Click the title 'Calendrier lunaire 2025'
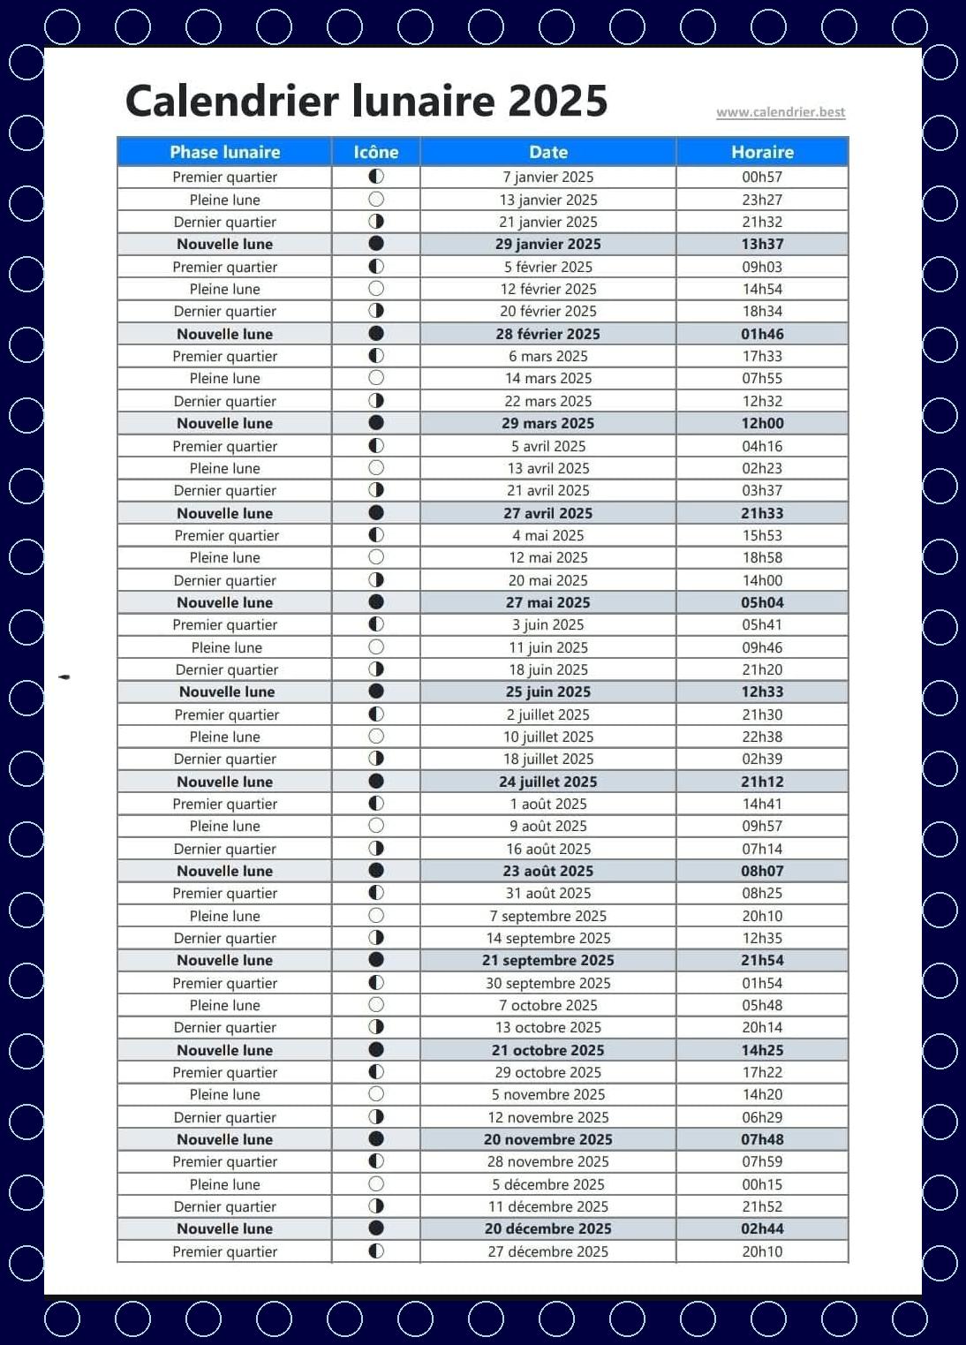(x=366, y=101)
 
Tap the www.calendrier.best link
(x=781, y=112)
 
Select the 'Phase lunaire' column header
(x=224, y=152)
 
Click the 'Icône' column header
(x=376, y=152)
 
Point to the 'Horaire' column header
(x=762, y=152)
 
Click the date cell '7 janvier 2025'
(x=548, y=177)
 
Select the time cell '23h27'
(x=762, y=200)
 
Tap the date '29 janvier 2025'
(x=548, y=244)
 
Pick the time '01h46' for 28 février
(x=762, y=334)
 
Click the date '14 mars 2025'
(x=548, y=378)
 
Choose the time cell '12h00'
(x=762, y=423)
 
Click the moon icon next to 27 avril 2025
(x=376, y=512)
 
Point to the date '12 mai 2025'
(x=548, y=557)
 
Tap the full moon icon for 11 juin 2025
(x=376, y=646)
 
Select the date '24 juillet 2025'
(x=548, y=782)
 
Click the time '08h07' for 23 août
(x=762, y=871)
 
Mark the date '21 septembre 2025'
(x=548, y=960)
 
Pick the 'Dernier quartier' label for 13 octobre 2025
(x=225, y=1027)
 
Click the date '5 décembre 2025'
(x=548, y=1184)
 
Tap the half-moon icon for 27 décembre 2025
(x=376, y=1251)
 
